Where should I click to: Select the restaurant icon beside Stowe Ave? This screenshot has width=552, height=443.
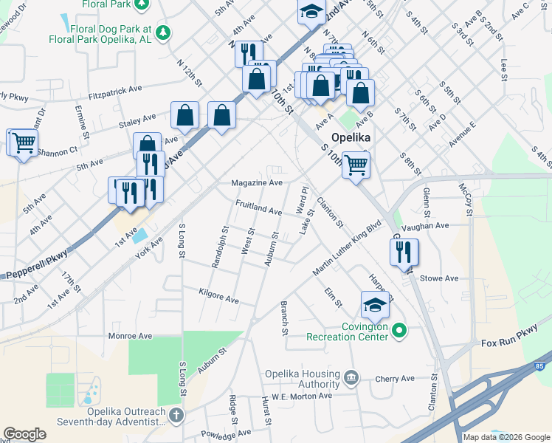coord(404,252)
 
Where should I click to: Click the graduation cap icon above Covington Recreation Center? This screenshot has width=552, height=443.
coord(375,303)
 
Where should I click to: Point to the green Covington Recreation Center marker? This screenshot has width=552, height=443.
coord(399,330)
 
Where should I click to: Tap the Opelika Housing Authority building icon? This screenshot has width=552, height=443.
coord(351,379)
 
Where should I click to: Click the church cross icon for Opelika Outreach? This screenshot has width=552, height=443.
coord(175,416)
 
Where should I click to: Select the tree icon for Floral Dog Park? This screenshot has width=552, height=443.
coord(163,32)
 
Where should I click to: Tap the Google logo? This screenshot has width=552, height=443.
coord(24,434)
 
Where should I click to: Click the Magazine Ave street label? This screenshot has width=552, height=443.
coord(256,182)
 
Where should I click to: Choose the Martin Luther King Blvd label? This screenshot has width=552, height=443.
coord(346,247)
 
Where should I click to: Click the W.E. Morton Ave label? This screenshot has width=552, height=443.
coord(301,396)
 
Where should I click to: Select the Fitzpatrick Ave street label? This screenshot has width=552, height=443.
coord(114,89)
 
